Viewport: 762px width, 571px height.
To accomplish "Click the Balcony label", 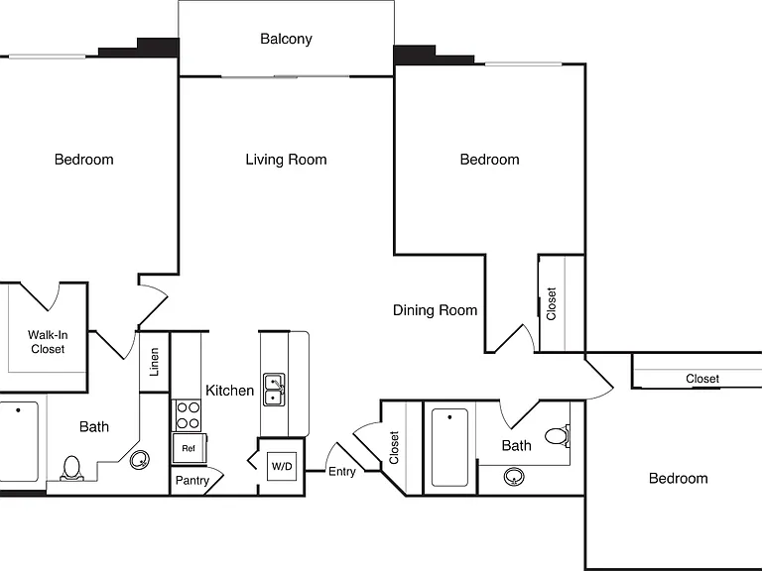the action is pyautogui.click(x=286, y=39).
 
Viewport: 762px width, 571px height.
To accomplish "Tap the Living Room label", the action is pyautogui.click(x=286, y=160).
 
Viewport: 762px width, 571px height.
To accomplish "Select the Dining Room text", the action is pyautogui.click(x=435, y=310).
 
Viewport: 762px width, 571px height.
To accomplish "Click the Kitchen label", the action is pyautogui.click(x=229, y=391).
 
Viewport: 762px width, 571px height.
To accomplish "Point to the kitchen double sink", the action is pyautogui.click(x=274, y=390).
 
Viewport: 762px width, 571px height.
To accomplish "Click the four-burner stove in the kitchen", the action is pyautogui.click(x=188, y=415).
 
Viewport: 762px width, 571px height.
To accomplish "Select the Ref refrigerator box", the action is pyautogui.click(x=189, y=448).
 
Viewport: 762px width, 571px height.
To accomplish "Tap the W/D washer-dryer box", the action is pyautogui.click(x=282, y=467).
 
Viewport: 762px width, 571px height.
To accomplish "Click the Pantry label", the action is pyautogui.click(x=192, y=480).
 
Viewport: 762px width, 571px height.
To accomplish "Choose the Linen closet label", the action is pyautogui.click(x=155, y=362).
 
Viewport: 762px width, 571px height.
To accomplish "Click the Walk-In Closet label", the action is pyautogui.click(x=48, y=342).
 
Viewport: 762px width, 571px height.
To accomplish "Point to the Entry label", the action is pyautogui.click(x=342, y=472).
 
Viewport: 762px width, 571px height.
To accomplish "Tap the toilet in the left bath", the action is pyautogui.click(x=71, y=468).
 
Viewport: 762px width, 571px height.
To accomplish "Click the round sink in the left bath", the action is pyautogui.click(x=140, y=459).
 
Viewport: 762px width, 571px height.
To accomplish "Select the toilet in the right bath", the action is pyautogui.click(x=557, y=435).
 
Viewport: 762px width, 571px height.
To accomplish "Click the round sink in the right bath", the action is pyautogui.click(x=514, y=476).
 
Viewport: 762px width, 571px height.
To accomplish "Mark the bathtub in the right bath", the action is pyautogui.click(x=449, y=447).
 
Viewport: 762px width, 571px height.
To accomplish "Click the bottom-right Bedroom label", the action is pyautogui.click(x=678, y=478).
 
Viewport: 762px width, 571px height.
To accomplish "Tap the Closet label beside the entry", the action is pyautogui.click(x=394, y=448).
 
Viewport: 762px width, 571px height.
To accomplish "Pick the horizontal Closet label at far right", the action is pyautogui.click(x=702, y=379).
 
